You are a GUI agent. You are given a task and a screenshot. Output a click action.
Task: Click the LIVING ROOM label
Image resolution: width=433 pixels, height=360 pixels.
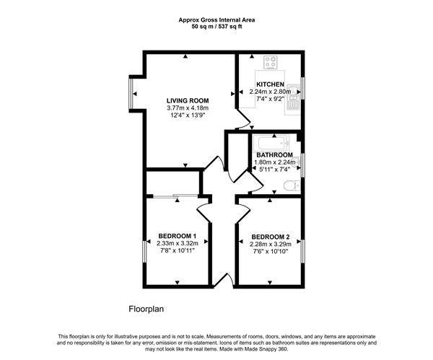(x=188, y=101)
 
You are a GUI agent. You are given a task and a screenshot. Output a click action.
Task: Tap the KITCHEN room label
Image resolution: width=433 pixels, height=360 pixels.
(x=270, y=84)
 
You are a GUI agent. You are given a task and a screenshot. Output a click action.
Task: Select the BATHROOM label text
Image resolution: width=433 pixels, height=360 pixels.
(x=274, y=155)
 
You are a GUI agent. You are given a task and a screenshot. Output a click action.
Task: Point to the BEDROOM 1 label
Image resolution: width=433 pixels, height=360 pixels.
(x=178, y=236)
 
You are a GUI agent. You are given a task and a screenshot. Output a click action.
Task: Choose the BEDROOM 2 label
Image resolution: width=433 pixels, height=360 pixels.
(x=271, y=237)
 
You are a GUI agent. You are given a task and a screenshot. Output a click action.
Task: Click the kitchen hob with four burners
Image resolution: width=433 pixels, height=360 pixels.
(x=271, y=62)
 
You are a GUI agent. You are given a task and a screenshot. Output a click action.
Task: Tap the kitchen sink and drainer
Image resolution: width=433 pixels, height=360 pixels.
(x=292, y=99)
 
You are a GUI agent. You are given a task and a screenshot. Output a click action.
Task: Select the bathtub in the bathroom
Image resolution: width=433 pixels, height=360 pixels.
(x=274, y=143)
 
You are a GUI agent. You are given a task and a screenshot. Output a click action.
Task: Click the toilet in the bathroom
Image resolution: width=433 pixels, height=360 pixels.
(x=292, y=185)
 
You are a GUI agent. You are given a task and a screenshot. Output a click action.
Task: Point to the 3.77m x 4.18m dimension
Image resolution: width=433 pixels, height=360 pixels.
(x=188, y=108)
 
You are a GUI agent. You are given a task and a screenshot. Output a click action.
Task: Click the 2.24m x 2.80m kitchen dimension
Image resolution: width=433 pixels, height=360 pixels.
(x=270, y=92)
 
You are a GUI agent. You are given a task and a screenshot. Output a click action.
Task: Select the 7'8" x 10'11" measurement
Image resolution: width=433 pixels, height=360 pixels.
(x=178, y=250)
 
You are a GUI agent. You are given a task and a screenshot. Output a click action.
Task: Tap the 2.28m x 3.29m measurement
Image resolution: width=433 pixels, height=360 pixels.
(x=271, y=244)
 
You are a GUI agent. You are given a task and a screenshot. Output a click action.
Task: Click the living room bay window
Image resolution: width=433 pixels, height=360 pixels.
(x=131, y=94)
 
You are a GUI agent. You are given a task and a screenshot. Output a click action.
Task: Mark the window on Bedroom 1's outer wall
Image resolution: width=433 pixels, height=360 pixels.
(x=144, y=252)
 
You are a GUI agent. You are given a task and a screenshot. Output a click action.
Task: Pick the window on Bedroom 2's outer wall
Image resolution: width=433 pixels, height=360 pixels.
(x=302, y=251)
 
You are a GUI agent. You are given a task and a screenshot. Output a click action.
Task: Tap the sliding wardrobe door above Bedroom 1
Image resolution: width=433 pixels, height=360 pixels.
(x=175, y=196)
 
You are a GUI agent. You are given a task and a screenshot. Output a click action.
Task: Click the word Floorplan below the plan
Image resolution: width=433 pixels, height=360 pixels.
(x=146, y=309)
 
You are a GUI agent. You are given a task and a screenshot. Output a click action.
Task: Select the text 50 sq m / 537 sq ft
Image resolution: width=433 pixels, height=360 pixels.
(x=216, y=27)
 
